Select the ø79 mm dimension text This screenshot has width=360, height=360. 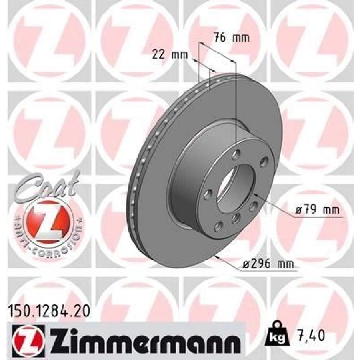point(318,210)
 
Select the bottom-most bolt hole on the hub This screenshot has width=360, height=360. point(218,227)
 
